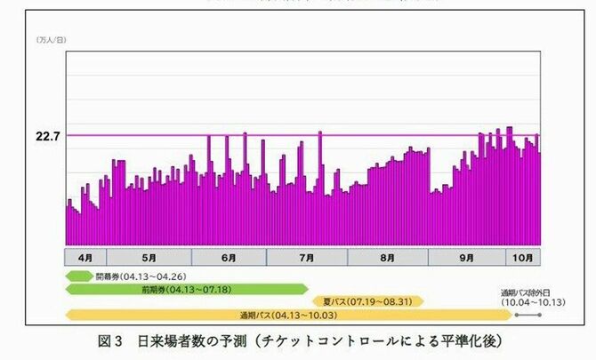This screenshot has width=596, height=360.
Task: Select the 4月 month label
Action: coord(86,258)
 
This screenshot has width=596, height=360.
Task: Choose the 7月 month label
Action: coord(307,258)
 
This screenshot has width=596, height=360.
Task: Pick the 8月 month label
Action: coord(387,258)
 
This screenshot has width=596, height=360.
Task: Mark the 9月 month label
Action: coord(467,258)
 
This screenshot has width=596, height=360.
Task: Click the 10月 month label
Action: coord(525,258)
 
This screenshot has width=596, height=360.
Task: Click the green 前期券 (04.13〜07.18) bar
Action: coord(186,289)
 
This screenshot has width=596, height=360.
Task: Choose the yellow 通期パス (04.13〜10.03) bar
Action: coord(285,315)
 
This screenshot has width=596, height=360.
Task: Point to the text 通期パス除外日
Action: coord(531,292)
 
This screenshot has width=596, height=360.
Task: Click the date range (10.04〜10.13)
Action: coord(531,302)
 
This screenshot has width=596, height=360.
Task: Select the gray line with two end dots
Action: coord(527,315)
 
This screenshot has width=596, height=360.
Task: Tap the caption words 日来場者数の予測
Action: coord(190,341)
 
